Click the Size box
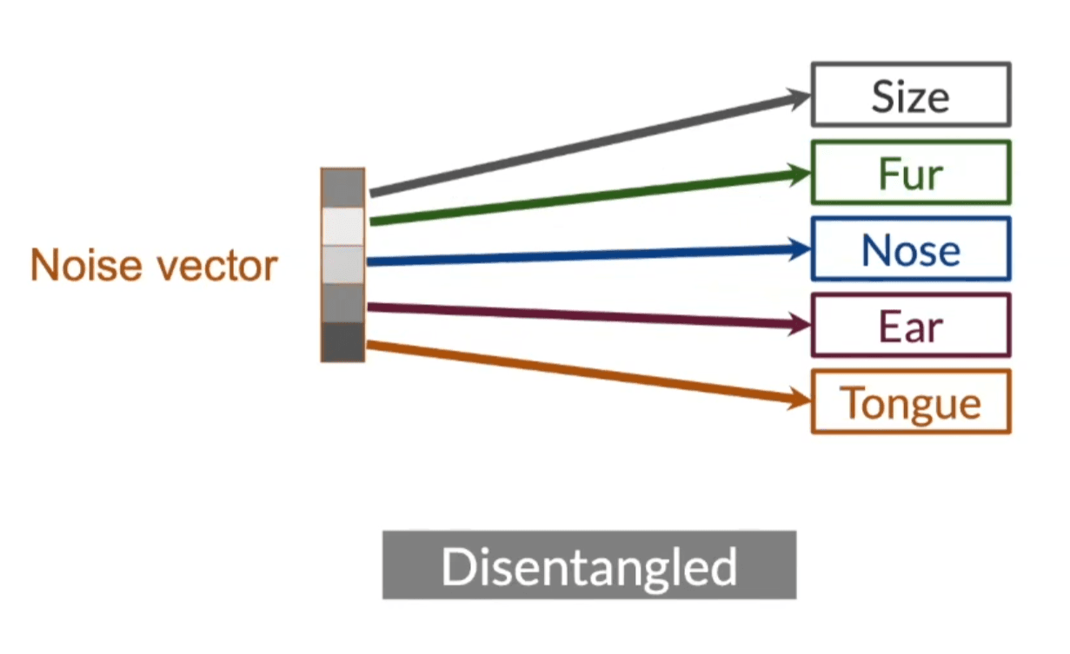point(910,94)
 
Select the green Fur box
point(910,172)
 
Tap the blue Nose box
point(910,249)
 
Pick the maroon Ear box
point(910,325)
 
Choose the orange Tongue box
point(910,401)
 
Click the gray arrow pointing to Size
point(582,144)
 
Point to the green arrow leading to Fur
point(582,197)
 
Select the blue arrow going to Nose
point(582,255)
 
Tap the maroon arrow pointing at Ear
point(582,315)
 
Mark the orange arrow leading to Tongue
point(582,373)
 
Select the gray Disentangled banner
point(588,565)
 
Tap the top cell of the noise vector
point(342,188)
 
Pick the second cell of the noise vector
point(342,227)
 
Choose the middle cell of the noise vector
point(342,265)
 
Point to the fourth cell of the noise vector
point(342,303)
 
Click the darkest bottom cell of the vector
point(342,341)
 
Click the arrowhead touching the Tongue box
point(800,400)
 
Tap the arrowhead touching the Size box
point(800,96)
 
